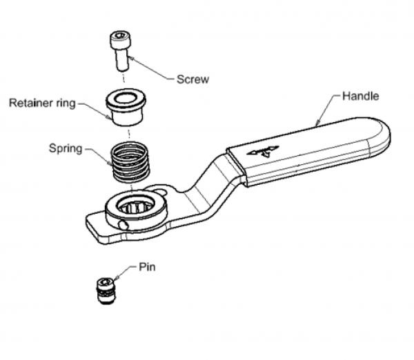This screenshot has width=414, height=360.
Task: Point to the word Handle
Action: point(361,96)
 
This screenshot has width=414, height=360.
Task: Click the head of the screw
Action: point(118,40)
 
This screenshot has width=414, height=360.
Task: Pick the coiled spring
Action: point(131,162)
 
